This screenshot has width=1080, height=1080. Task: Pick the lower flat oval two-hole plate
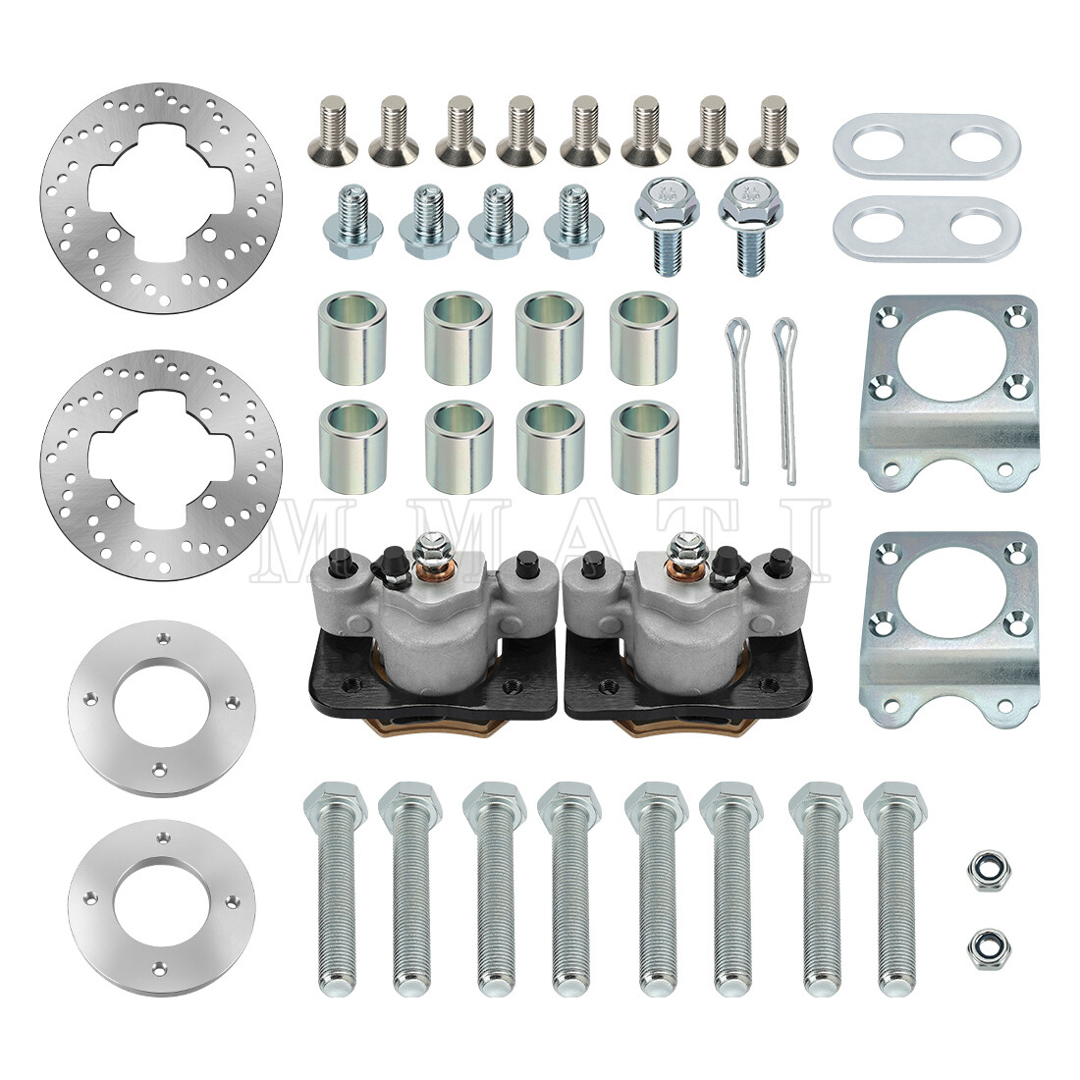tap(926, 224)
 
